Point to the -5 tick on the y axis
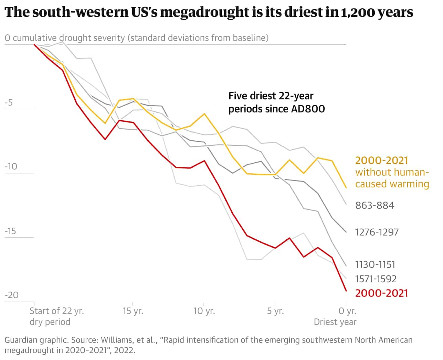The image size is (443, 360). point(9,102)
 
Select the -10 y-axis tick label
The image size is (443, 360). point(11,166)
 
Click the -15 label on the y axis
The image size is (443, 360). point(11,231)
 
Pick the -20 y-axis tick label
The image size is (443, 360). point(11,295)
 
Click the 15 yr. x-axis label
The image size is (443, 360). point(133,311)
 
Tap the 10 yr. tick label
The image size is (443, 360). point(204,311)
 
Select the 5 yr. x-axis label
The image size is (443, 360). point(275,311)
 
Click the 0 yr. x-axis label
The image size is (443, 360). point(347,311)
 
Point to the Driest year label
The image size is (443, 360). point(335,322)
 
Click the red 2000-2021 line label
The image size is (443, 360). point(381,293)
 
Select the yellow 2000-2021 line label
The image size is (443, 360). point(381,161)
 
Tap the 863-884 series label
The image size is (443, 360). point(375,206)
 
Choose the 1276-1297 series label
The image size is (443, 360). point(377,232)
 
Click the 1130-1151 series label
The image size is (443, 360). point(375,264)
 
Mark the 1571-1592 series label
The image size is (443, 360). point(376,279)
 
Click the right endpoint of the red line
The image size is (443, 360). point(346,291)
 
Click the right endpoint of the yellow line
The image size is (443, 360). point(346,188)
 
